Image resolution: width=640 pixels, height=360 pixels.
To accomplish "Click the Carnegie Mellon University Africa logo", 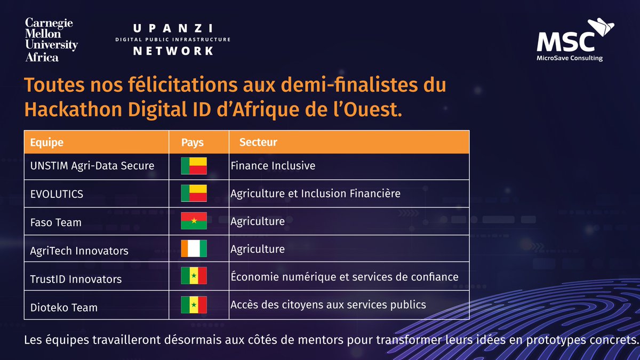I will pyautogui.click(x=51, y=40).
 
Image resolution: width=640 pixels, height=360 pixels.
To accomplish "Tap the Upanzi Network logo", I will pyautogui.click(x=173, y=39).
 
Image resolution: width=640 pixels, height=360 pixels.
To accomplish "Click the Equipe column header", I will pyautogui.click(x=47, y=142).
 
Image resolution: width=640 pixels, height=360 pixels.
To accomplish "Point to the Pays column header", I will pyautogui.click(x=193, y=143).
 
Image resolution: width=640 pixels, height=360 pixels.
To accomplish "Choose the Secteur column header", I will pyautogui.click(x=258, y=142).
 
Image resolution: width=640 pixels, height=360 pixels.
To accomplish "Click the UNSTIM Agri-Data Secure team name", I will pyautogui.click(x=92, y=166).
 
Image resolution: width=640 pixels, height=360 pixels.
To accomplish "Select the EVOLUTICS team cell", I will pyautogui.click(x=57, y=194).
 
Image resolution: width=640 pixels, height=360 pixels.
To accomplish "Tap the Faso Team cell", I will pyautogui.click(x=56, y=222).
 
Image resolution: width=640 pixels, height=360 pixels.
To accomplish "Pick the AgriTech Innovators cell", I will pyautogui.click(x=79, y=251).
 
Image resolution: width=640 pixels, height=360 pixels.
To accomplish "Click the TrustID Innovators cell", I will pyautogui.click(x=76, y=279).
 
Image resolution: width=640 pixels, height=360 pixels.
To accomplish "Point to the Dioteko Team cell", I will pyautogui.click(x=64, y=307).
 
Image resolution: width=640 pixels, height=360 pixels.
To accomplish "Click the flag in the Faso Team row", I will pyautogui.click(x=194, y=221).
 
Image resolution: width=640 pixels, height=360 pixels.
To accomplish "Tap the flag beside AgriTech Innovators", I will pyautogui.click(x=194, y=249).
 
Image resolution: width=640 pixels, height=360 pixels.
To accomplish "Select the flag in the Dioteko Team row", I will pyautogui.click(x=194, y=305).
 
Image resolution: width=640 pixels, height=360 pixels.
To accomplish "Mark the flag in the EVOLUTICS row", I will pyautogui.click(x=194, y=193).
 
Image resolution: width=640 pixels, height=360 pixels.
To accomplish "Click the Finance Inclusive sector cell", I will pyautogui.click(x=273, y=166).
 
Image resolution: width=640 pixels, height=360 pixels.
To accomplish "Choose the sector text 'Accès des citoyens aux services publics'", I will pyautogui.click(x=328, y=305).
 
